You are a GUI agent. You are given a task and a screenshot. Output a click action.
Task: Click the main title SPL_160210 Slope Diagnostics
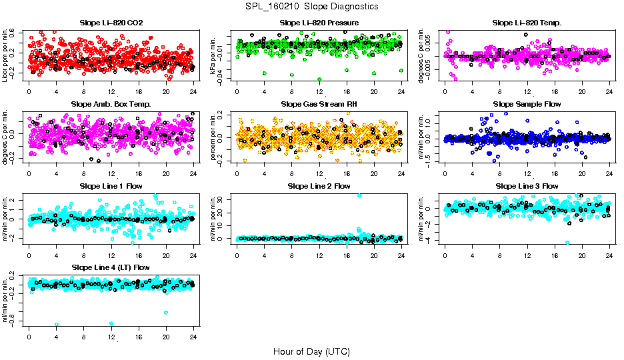[x=311, y=7]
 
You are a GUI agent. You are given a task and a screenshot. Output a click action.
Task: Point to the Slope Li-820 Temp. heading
[x=527, y=23]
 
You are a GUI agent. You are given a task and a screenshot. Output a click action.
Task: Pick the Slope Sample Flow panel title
[x=527, y=104]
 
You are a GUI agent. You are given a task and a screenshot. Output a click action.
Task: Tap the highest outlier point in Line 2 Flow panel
[x=359, y=195]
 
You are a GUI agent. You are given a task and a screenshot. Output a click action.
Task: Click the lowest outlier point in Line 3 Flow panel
[x=567, y=243]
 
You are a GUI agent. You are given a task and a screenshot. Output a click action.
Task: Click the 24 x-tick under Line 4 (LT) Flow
[x=193, y=337]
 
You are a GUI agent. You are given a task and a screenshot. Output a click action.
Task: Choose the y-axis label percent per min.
[x=213, y=137]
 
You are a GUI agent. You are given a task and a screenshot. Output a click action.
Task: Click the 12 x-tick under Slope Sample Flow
[x=527, y=174]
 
